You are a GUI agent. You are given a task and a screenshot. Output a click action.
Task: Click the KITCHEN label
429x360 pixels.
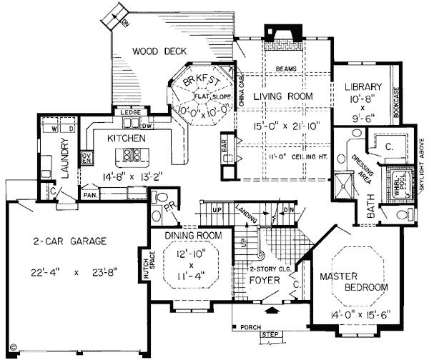tap(127, 137)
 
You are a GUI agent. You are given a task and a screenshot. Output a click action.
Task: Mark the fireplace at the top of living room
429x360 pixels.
tap(276, 34)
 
